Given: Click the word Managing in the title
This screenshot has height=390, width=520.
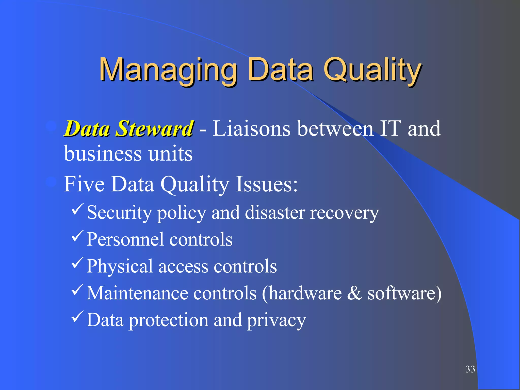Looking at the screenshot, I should (x=168, y=70).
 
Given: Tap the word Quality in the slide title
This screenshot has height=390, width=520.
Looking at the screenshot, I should (x=372, y=70).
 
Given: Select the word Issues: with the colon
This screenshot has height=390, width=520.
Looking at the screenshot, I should (x=267, y=184).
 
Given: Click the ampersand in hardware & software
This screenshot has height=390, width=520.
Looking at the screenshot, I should (x=354, y=293).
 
